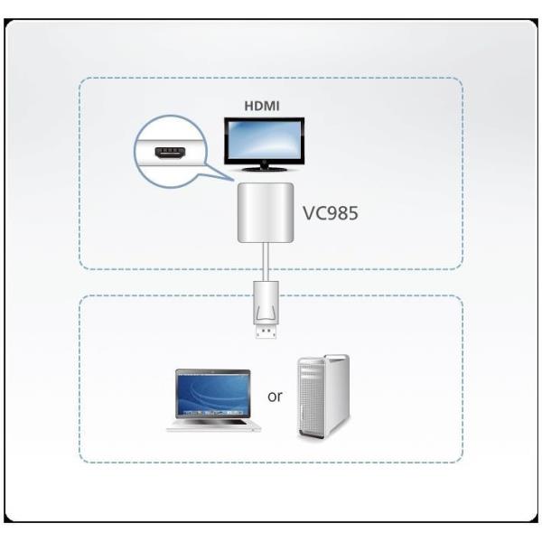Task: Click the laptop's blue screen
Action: [x=213, y=389]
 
